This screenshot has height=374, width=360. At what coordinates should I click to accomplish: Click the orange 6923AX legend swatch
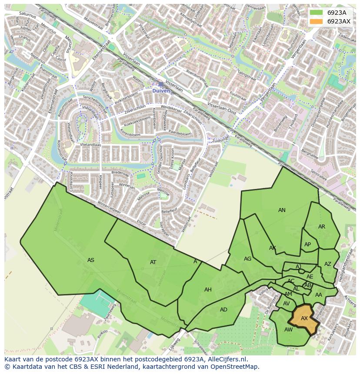(316, 21)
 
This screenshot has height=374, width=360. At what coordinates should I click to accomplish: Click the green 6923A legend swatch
(316, 13)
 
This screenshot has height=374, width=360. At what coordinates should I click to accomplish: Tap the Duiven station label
(161, 91)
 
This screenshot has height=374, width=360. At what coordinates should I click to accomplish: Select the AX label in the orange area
(304, 318)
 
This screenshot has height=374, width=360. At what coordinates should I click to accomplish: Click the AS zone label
(90, 260)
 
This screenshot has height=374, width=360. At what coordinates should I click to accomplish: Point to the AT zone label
(153, 262)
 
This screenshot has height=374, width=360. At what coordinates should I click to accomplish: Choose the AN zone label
(282, 210)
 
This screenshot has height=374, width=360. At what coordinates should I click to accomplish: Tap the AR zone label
(322, 227)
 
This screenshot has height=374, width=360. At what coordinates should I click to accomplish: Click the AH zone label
(208, 290)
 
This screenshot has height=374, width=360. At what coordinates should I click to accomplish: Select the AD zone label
(223, 310)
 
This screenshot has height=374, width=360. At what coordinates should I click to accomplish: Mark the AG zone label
(247, 259)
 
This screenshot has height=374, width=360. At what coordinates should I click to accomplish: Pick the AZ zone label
(328, 264)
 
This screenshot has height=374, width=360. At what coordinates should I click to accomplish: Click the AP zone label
(308, 245)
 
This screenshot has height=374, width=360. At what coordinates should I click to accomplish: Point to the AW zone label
(288, 330)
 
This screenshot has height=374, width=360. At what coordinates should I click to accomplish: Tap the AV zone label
(287, 304)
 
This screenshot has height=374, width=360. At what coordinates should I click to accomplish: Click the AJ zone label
(298, 267)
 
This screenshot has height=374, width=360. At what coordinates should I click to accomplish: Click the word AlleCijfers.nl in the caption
(227, 360)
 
